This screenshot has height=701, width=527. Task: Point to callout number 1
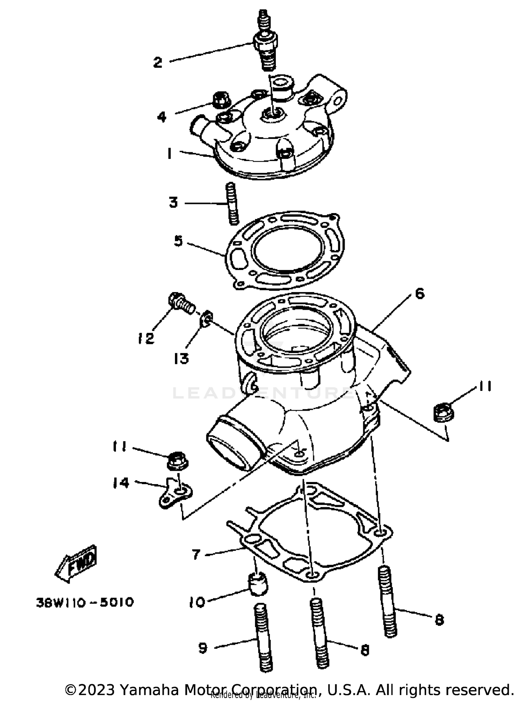point(169,154)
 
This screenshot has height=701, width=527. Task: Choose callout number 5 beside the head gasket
point(178,241)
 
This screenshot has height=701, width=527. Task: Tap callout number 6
point(419,294)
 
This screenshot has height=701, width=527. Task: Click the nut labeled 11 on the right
point(443,412)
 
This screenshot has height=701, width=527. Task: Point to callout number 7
point(196,555)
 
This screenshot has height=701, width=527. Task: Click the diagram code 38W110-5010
point(85,602)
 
